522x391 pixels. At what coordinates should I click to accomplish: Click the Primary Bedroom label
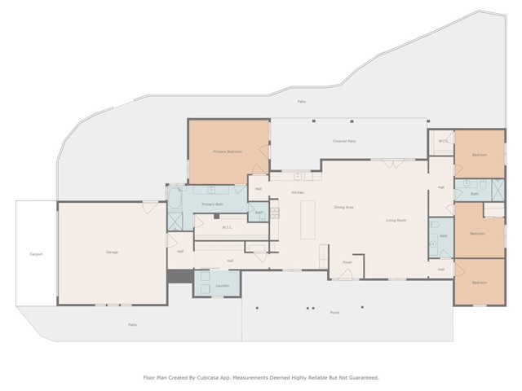(228, 152)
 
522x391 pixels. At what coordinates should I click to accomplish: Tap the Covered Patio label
(344, 141)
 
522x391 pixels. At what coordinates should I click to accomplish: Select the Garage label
(112, 252)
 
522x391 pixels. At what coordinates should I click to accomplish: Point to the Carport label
(36, 254)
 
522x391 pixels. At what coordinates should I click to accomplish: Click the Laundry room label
(223, 286)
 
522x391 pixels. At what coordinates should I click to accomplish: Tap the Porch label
(334, 313)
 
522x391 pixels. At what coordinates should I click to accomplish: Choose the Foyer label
(347, 262)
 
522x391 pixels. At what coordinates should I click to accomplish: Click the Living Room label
(396, 221)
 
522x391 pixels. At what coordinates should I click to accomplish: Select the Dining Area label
(343, 207)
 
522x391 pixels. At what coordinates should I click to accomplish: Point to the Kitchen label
(298, 192)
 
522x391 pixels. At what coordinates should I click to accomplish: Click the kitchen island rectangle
(307, 219)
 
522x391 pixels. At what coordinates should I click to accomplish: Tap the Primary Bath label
(213, 204)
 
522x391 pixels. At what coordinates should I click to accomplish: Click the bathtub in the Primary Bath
(175, 197)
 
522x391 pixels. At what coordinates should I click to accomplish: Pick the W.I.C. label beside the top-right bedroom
(443, 141)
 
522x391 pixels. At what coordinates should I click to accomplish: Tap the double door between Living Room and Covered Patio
(392, 164)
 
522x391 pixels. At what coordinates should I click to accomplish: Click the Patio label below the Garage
(132, 324)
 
